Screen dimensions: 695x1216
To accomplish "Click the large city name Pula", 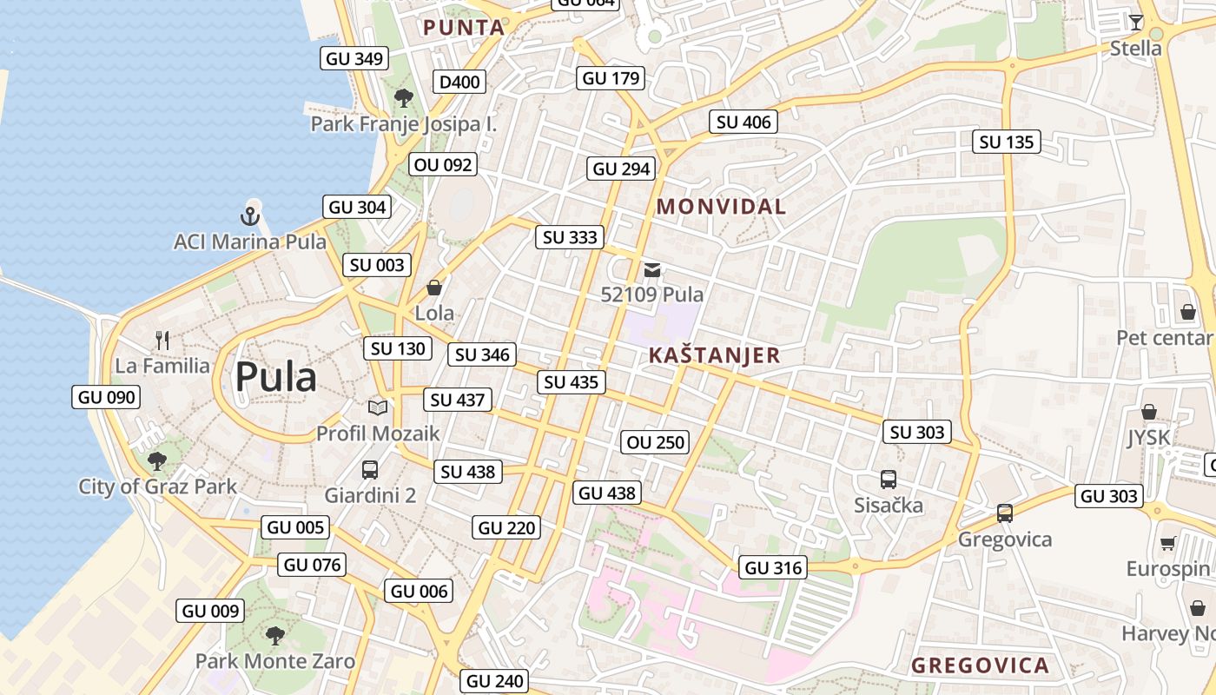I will (x=276, y=377).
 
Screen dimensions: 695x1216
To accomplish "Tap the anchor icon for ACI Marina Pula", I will (x=251, y=215).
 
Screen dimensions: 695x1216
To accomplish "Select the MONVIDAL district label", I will (x=721, y=207).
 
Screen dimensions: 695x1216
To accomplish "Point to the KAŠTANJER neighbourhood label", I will (x=715, y=355).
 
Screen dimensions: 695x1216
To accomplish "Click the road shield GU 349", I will (x=354, y=59).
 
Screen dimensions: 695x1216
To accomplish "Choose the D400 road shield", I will (x=459, y=83).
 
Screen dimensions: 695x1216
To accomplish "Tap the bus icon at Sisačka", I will (x=888, y=479).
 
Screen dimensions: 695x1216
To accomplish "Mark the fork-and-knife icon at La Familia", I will (x=162, y=340).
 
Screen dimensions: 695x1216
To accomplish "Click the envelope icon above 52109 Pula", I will (x=652, y=269).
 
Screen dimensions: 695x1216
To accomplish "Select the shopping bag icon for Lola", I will (x=434, y=287).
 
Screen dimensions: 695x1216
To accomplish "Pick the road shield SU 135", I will (x=1007, y=142).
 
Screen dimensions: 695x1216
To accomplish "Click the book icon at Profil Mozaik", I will (x=378, y=407).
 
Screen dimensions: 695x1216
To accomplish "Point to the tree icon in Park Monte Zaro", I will (x=275, y=635).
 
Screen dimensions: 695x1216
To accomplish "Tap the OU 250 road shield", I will (x=656, y=442).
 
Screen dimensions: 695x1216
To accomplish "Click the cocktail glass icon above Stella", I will (x=1135, y=22).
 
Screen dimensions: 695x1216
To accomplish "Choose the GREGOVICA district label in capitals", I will (x=980, y=666).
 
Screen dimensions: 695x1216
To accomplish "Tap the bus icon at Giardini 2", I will (x=370, y=470).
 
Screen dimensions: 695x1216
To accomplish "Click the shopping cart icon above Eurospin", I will (x=1167, y=544).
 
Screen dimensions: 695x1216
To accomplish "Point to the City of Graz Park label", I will (x=157, y=486).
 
